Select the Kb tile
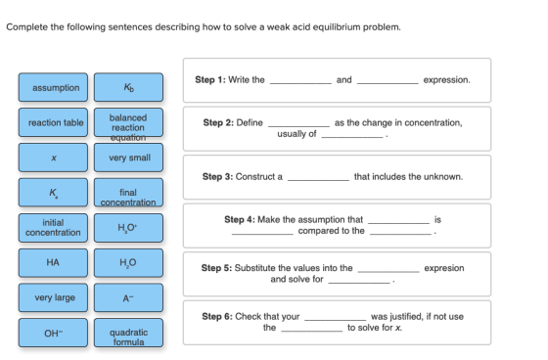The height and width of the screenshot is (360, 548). tap(128, 87)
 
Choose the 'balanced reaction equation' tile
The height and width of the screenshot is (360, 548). tap(128, 122)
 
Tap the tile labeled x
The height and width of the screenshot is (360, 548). tap(53, 157)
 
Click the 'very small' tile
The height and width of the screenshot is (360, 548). tap(128, 157)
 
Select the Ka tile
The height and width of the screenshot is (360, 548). tap(53, 193)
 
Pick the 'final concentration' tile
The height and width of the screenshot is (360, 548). tap(128, 193)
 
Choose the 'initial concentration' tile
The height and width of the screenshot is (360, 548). tap(53, 228)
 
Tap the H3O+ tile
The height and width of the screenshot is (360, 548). tap(128, 228)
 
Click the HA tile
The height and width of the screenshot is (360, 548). tap(53, 263)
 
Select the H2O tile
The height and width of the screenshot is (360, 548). tap(128, 263)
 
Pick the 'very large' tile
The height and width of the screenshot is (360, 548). tap(53, 297)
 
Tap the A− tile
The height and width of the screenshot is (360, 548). tap(128, 297)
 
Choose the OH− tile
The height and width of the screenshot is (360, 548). tap(53, 333)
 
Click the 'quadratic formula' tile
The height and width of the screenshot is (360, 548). tap(128, 333)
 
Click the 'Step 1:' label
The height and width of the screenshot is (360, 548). tap(210, 80)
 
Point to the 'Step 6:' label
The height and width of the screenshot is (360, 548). tap(217, 317)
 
